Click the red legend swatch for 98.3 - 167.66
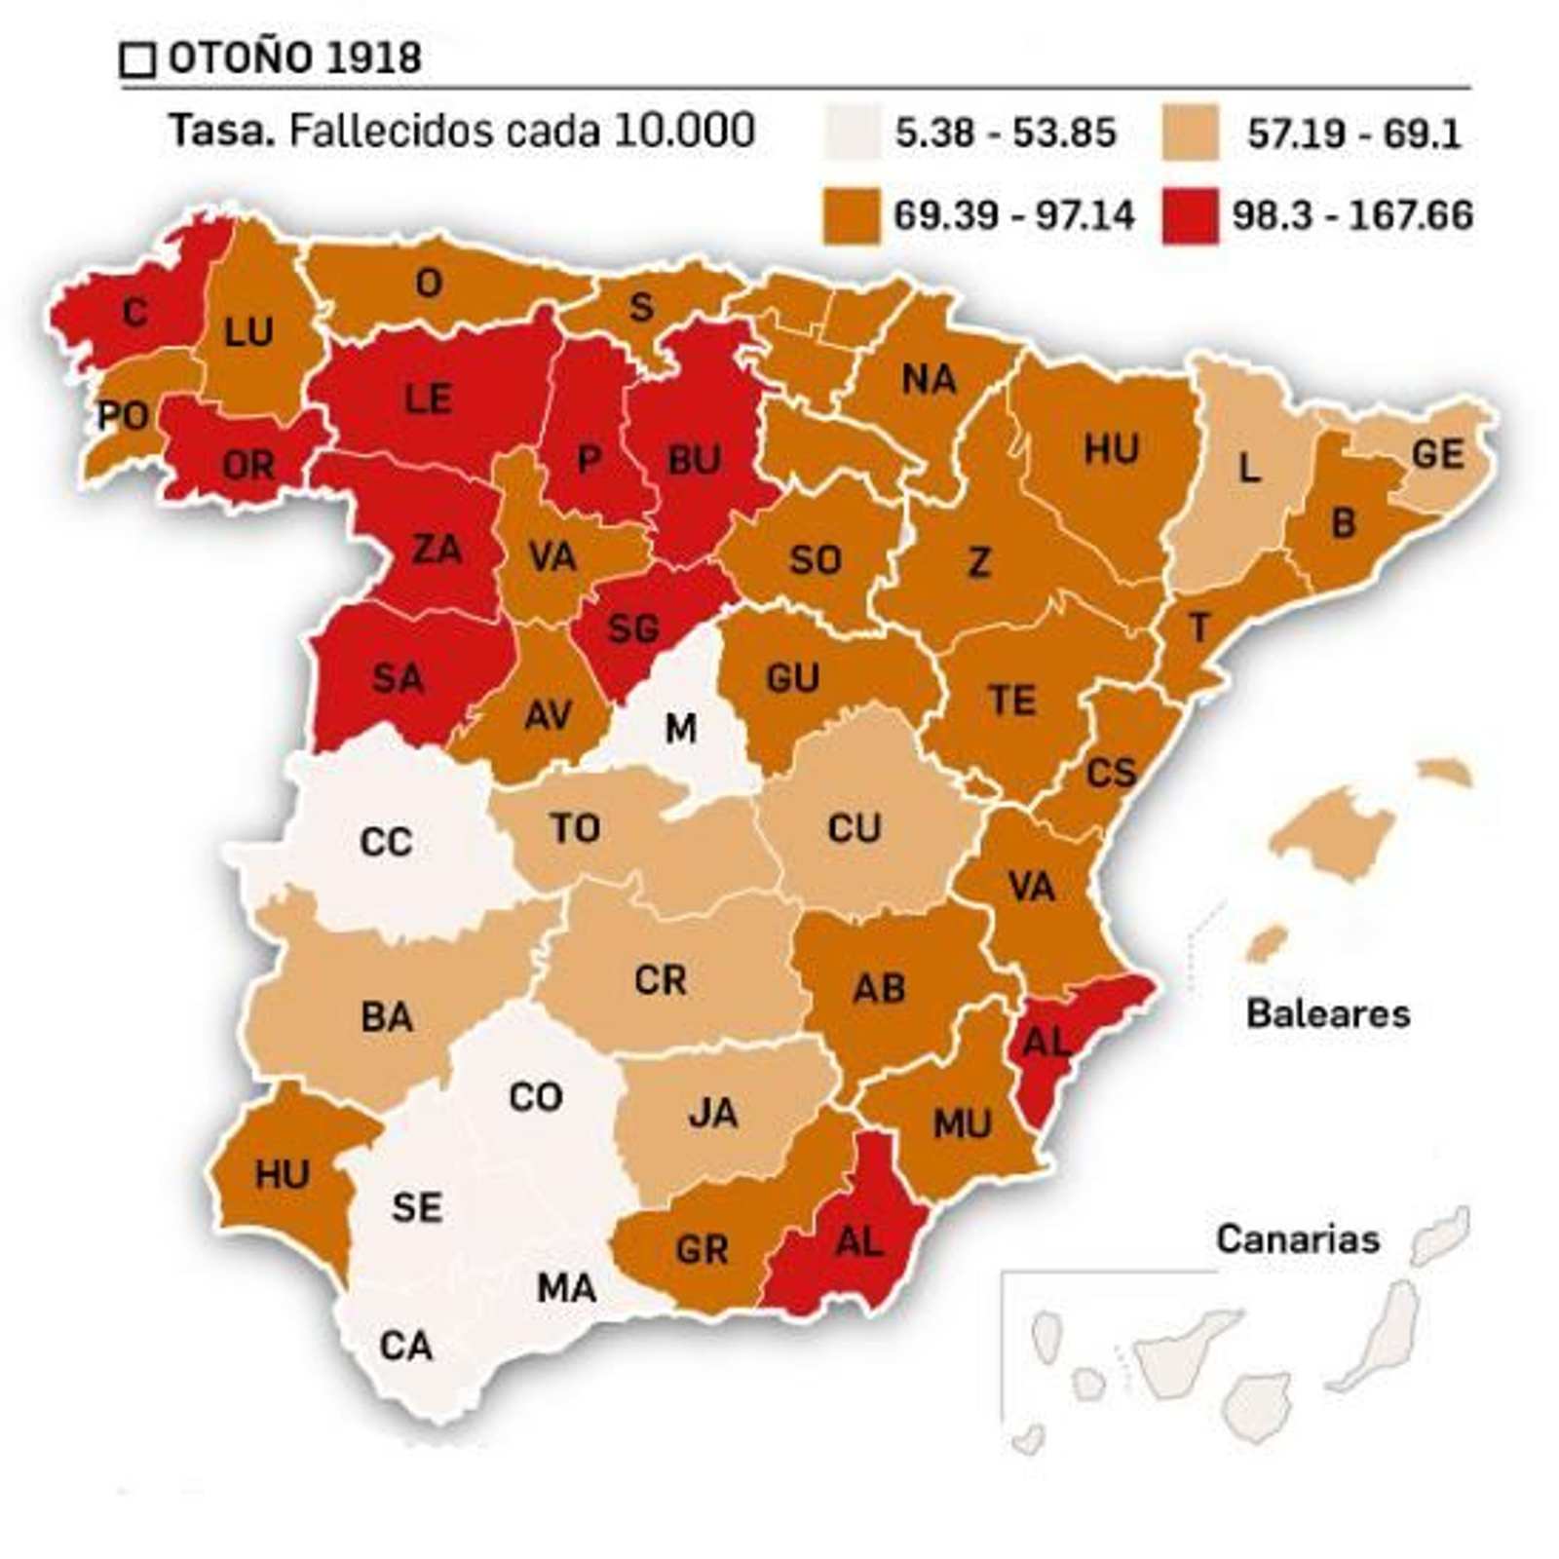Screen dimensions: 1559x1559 (1190, 215)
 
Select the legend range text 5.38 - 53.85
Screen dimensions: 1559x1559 (1005, 133)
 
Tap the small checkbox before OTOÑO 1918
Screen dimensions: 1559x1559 (137, 60)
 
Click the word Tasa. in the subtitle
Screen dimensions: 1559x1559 (222, 131)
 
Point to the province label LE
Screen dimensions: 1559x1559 (428, 399)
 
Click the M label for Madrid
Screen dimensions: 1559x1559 (680, 728)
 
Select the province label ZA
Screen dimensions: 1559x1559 (436, 550)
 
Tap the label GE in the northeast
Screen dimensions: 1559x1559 (1437, 454)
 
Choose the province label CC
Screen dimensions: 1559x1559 (386, 842)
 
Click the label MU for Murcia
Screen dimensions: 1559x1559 (962, 1124)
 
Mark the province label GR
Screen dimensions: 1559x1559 (702, 1249)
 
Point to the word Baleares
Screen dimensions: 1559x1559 (1327, 1014)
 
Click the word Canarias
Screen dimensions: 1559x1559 (1297, 1239)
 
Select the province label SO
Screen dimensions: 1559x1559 (815, 560)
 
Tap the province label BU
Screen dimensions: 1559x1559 (694, 460)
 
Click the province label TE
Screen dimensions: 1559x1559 (1012, 701)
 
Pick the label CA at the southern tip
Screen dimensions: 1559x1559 (405, 1347)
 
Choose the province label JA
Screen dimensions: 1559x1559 (712, 1113)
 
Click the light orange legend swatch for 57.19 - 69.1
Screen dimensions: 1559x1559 (1190, 133)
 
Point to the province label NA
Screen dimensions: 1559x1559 (929, 379)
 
